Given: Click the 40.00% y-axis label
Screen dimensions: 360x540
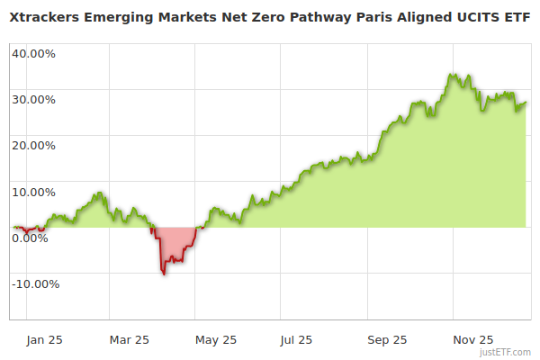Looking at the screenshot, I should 33,53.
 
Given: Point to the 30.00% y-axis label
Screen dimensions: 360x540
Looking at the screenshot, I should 33,99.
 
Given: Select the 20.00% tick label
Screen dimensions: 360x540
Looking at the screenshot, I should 33,145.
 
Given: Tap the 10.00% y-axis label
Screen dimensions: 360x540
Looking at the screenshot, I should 33,192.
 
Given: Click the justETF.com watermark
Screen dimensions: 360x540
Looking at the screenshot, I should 504,353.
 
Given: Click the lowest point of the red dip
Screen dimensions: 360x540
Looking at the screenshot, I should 164,274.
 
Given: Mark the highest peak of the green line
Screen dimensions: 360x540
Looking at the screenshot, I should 451,74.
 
